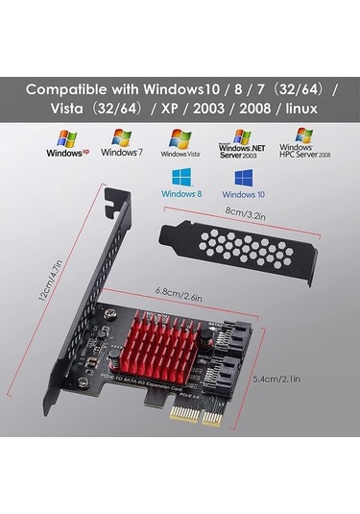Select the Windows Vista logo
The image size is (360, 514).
click(180, 144)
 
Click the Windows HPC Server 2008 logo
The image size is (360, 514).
click(303, 144)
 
